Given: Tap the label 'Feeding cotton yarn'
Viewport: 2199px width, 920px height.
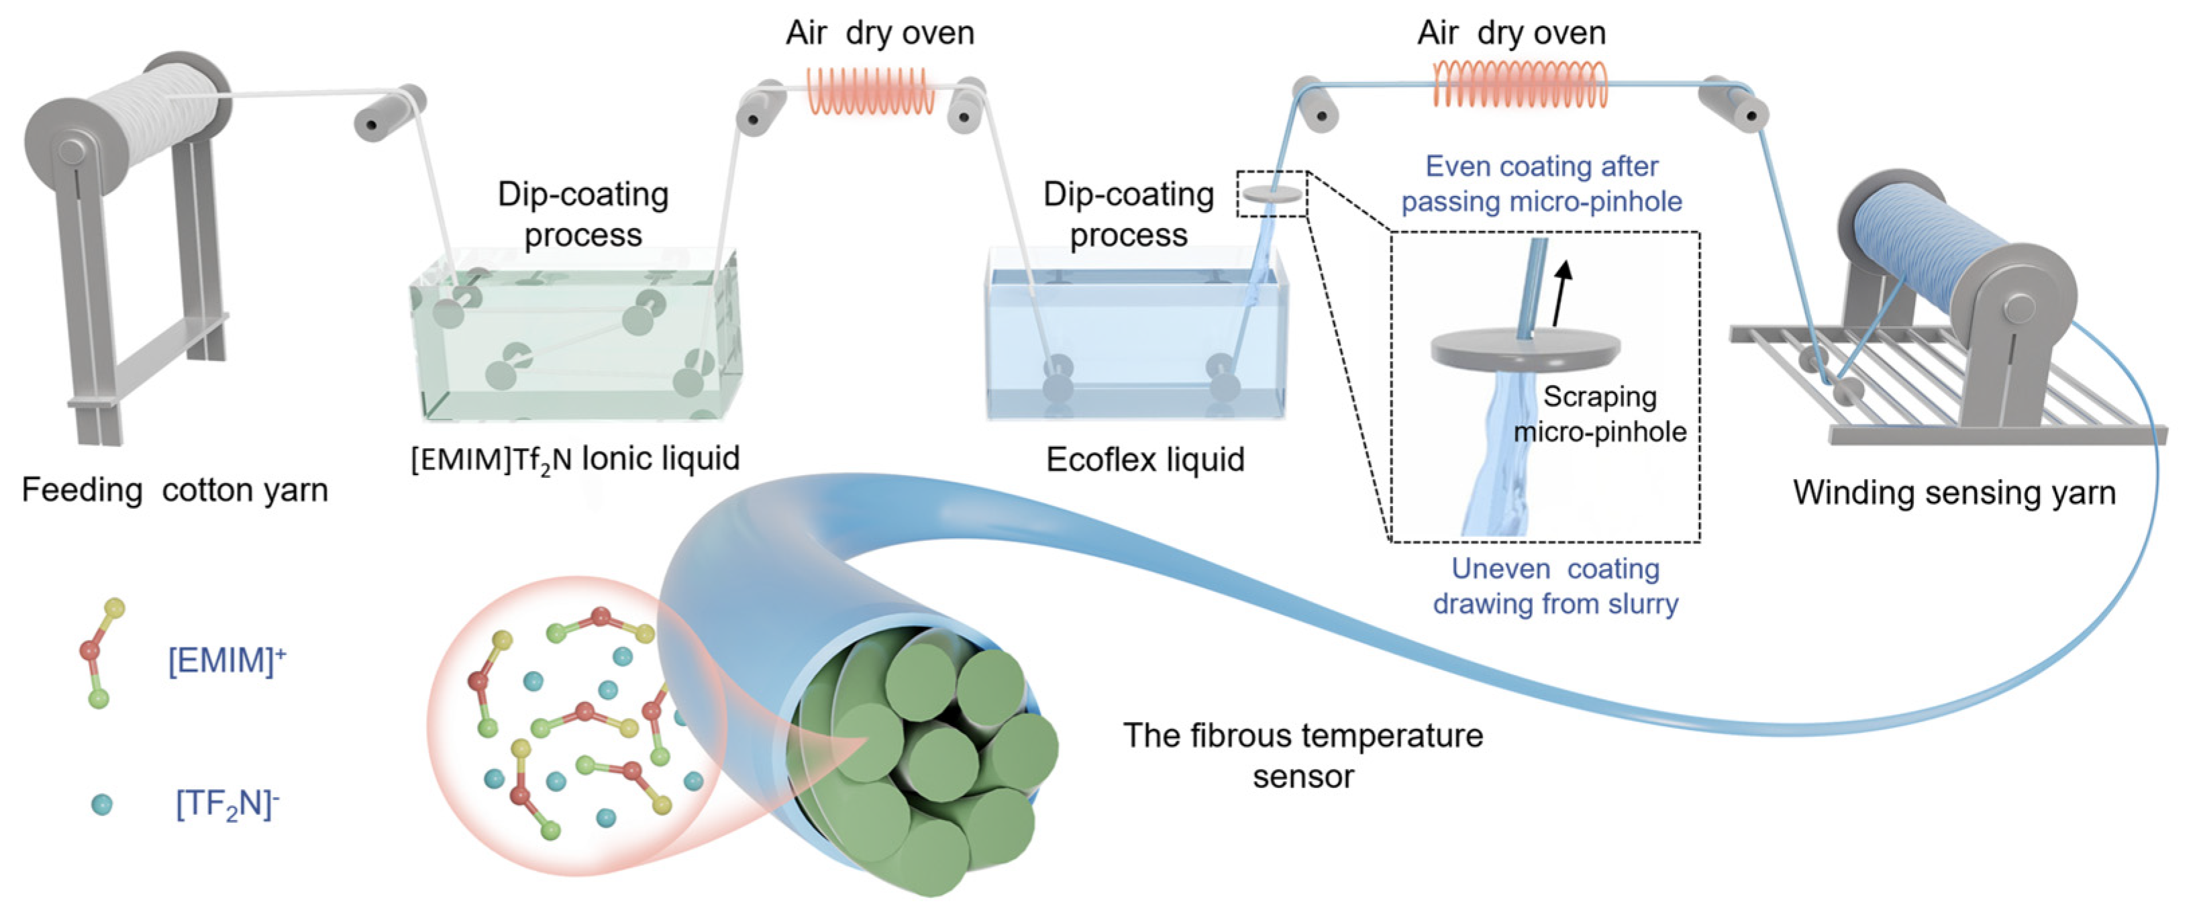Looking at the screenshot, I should point(175,490).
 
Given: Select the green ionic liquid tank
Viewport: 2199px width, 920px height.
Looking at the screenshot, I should point(576,342).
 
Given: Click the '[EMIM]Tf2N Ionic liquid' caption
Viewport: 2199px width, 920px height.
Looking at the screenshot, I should point(574,459).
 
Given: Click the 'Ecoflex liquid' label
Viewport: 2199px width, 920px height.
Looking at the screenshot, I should point(1145,460).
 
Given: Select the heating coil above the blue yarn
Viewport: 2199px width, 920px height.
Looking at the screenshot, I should point(1519,85).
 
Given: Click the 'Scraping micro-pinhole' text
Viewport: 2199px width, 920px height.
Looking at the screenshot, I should point(1600,414).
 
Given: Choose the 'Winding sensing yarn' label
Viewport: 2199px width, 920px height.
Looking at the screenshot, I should point(1954,493).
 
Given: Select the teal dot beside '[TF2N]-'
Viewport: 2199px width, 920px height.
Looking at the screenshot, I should point(101,804).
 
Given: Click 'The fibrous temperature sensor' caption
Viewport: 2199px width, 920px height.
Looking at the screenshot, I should point(1302,756).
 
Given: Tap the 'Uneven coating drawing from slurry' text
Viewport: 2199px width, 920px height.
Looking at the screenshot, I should point(1555,586).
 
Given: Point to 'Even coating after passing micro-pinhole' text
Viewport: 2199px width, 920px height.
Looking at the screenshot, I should point(1541,183).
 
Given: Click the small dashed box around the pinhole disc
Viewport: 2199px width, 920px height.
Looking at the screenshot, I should point(1272,194).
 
